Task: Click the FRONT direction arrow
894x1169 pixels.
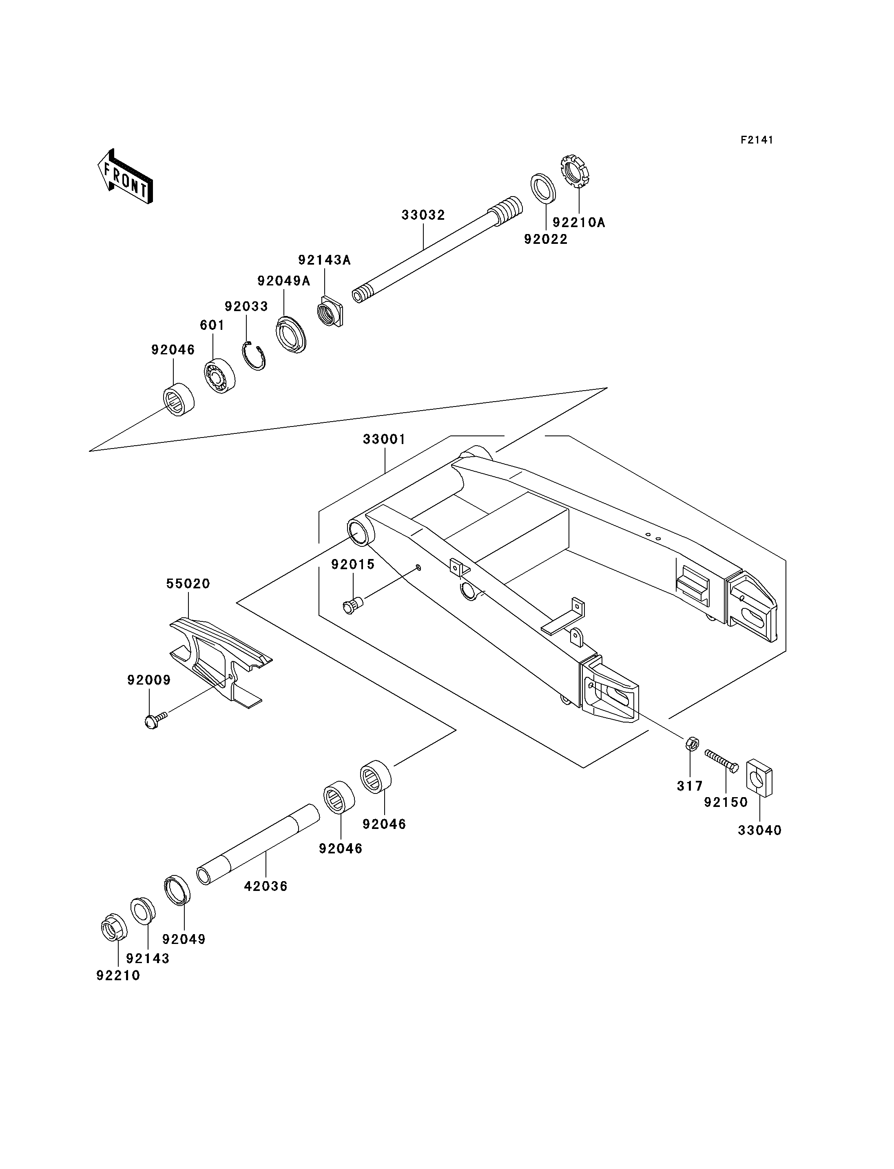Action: tap(125, 177)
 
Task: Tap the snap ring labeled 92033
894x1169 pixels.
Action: tap(254, 356)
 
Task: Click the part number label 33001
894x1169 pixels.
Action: tap(384, 440)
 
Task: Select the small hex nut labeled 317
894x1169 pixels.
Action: tap(692, 743)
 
